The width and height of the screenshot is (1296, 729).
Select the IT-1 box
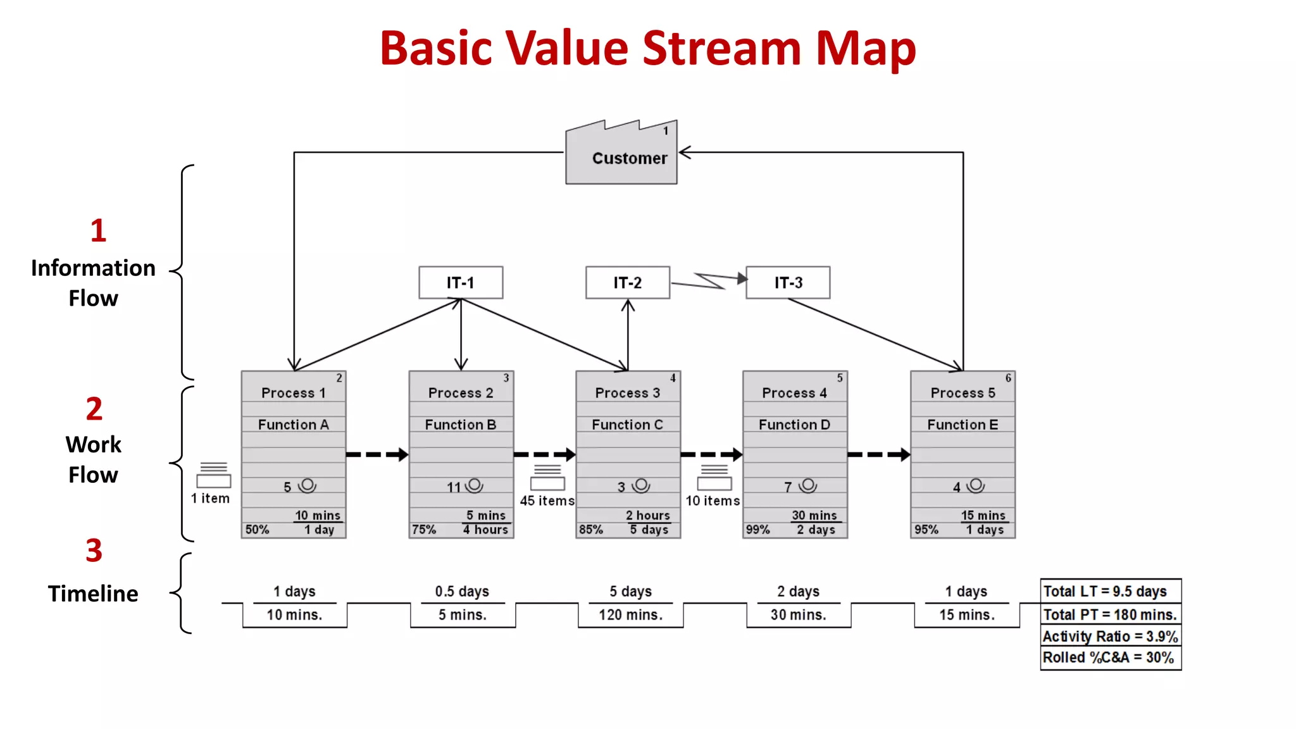461,282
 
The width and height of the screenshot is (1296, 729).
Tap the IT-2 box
627,282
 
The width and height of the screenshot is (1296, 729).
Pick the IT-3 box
788,282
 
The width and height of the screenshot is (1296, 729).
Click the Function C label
627,425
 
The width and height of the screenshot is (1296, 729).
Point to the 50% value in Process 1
257,530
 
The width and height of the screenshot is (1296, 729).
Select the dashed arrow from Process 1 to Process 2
377,454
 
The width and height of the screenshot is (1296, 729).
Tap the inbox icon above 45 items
547,478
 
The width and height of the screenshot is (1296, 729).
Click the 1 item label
210,499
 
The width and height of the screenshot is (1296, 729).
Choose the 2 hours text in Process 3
647,515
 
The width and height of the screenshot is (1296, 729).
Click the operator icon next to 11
475,485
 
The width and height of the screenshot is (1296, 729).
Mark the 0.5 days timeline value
462,591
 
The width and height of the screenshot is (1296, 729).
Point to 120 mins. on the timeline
630,614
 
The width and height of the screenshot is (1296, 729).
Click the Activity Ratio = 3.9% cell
1110,636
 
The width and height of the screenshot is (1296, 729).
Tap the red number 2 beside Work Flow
94,409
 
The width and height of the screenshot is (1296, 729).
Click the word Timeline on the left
93,594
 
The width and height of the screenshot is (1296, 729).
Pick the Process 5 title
963,393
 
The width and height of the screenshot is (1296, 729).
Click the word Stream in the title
722,48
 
